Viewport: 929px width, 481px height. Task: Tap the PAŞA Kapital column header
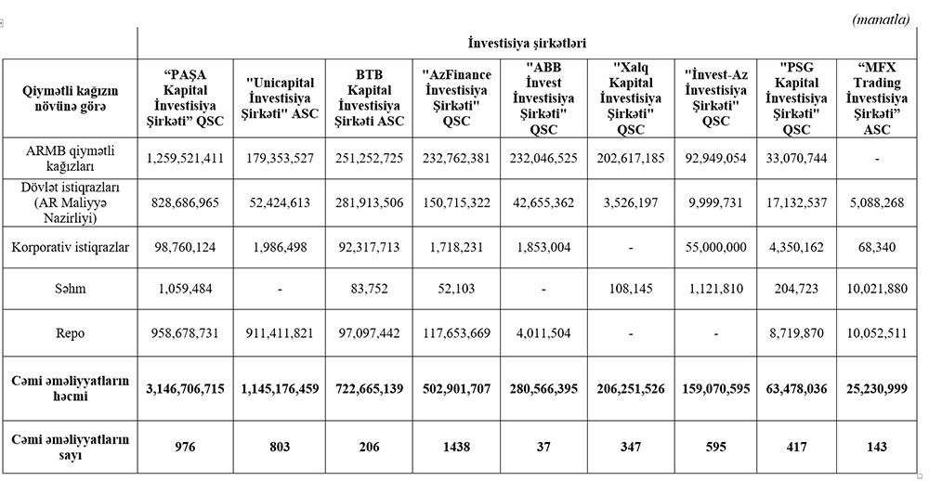pyautogui.click(x=185, y=99)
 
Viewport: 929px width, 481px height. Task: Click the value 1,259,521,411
pyautogui.click(x=185, y=159)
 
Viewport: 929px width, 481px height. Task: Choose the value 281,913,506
pyautogui.click(x=366, y=203)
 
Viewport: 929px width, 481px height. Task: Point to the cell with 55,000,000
pyautogui.click(x=715, y=248)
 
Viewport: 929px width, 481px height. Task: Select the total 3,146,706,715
pyautogui.click(x=185, y=388)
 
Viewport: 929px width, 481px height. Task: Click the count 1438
pyautogui.click(x=454, y=445)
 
